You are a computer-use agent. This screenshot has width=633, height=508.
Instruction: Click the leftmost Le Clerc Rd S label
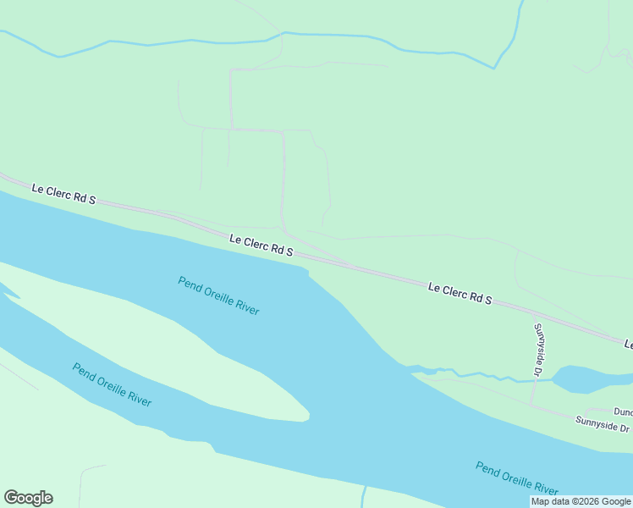point(63,194)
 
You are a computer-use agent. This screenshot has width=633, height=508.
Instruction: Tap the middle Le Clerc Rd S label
point(261,246)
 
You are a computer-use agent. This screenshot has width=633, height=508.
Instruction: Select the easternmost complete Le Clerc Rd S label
point(460,294)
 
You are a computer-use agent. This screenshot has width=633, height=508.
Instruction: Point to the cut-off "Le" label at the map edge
point(628,345)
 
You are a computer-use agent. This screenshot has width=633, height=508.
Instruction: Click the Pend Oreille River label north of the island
point(218,295)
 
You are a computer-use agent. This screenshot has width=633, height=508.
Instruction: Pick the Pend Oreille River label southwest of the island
point(112,384)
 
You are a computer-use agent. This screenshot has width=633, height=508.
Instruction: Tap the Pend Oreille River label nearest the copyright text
point(516,478)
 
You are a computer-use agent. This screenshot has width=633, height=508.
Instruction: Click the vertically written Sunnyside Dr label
point(537,349)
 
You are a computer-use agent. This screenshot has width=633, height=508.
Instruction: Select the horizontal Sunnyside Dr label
point(602,423)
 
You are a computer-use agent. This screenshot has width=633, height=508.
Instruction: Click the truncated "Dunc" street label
point(622,411)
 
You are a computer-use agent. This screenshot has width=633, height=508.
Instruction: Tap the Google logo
point(28,498)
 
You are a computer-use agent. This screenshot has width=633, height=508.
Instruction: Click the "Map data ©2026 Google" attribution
point(581,501)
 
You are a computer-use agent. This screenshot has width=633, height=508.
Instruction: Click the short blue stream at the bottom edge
point(364,497)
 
